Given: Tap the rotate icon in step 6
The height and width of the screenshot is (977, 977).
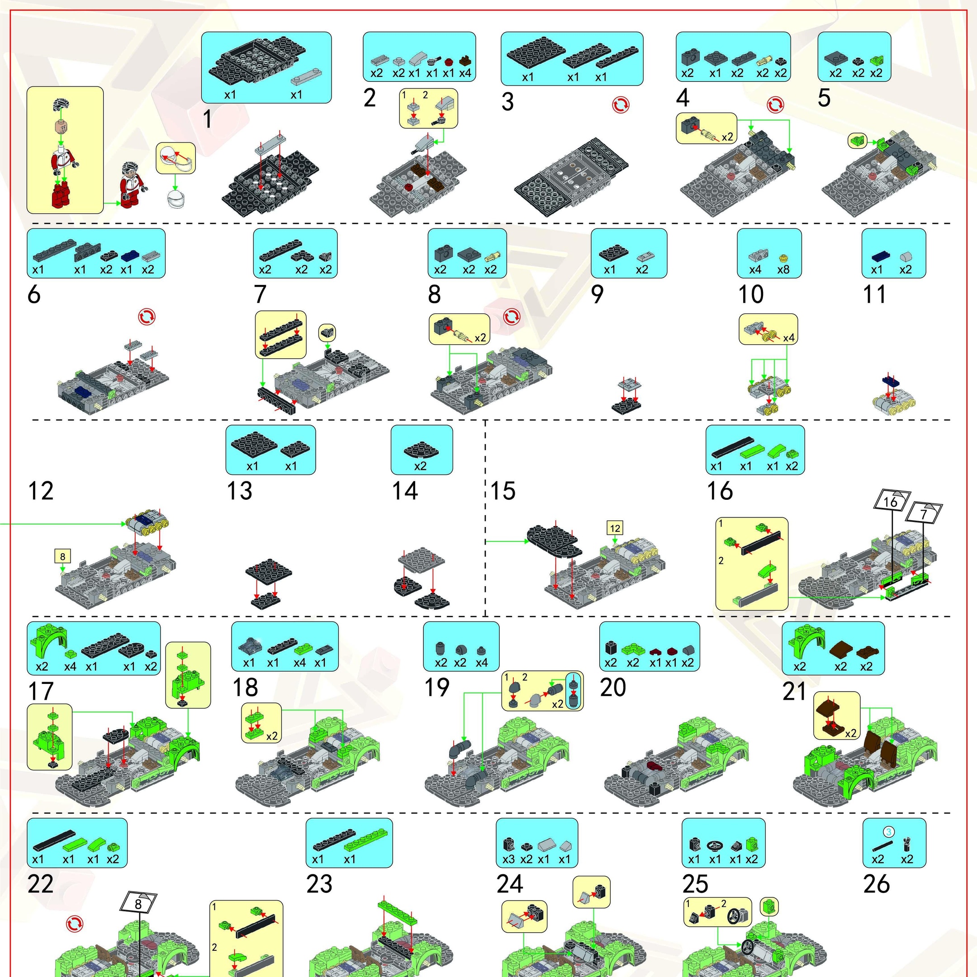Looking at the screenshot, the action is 147,317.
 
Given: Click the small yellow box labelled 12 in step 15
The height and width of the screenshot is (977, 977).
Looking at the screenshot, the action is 615,528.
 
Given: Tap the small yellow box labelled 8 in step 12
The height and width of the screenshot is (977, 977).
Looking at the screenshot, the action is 62,557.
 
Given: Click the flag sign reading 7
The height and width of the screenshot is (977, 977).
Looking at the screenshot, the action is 924,513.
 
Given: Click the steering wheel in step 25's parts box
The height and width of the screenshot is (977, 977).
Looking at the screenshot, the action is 715,845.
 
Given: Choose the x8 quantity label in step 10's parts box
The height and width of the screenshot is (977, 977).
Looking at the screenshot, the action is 783,270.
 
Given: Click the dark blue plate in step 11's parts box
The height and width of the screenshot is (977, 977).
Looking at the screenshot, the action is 877,256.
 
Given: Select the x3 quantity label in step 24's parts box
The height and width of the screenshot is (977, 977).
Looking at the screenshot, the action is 508,859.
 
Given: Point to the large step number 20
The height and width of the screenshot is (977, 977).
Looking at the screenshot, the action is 613,688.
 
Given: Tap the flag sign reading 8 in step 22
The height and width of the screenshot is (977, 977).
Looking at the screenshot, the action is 138,904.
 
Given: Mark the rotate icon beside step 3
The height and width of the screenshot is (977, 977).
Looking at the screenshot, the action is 621,105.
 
